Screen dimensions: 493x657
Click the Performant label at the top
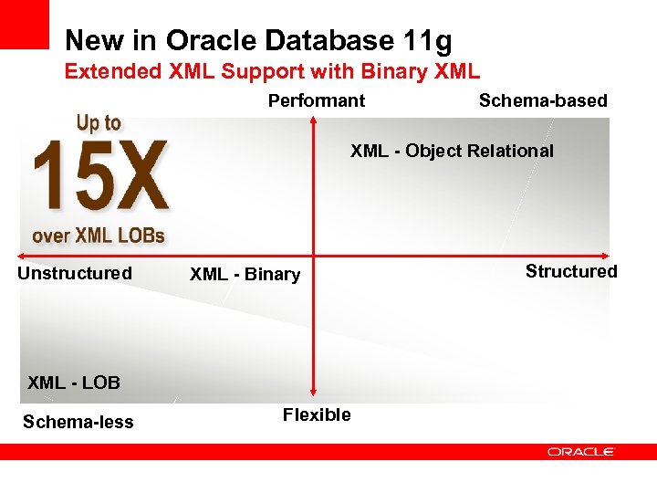[x=316, y=100]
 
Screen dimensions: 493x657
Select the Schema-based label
[x=543, y=100]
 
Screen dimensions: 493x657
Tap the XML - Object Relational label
[x=452, y=151]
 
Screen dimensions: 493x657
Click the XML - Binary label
[x=245, y=275]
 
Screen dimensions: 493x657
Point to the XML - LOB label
[x=74, y=383]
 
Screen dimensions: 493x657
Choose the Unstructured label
[x=75, y=273]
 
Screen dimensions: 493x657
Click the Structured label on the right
[x=571, y=271]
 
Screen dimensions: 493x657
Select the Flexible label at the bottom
[x=317, y=414]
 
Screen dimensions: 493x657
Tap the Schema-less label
[x=78, y=422]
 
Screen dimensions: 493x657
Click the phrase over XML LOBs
[x=99, y=236]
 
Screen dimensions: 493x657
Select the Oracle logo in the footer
[x=581, y=451]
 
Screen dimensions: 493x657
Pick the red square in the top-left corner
[x=24, y=24]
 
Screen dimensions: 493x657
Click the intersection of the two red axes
[x=314, y=256]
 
